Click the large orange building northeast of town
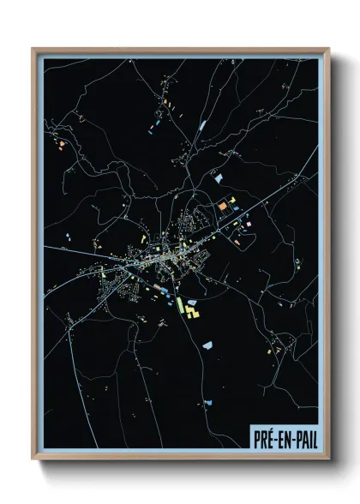click(221, 207)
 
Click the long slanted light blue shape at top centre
click(203, 125)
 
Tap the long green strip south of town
click(183, 308)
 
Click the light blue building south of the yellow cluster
click(207, 345)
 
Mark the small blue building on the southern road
click(207, 401)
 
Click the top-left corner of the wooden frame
click(33, 49)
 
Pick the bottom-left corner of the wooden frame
click(33, 459)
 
